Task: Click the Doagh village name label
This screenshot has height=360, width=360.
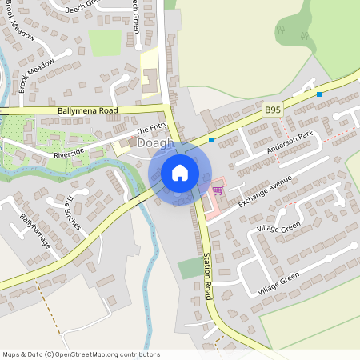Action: (x=155, y=143)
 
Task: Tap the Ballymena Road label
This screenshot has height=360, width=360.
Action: (x=88, y=110)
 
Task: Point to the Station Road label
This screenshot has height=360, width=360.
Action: (x=207, y=273)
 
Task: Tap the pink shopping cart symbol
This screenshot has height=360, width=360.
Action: (x=218, y=190)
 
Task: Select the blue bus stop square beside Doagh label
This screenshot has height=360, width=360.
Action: (x=211, y=140)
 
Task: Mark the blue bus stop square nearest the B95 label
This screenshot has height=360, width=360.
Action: (x=319, y=94)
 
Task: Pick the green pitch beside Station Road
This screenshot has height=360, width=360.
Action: (x=190, y=268)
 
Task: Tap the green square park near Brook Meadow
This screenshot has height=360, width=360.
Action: (x=104, y=42)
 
